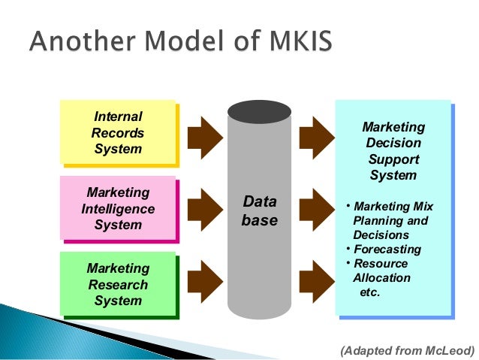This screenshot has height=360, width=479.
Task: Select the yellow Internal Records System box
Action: [x=118, y=132]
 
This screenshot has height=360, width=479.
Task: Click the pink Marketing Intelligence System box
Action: [x=118, y=208]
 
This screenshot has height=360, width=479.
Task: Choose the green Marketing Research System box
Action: [x=118, y=284]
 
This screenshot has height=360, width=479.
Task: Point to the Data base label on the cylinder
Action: [x=260, y=211]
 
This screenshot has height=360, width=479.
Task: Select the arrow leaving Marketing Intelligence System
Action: [x=204, y=208]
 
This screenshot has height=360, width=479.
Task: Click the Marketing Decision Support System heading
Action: [x=393, y=151]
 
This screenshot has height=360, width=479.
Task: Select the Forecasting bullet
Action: [x=387, y=250]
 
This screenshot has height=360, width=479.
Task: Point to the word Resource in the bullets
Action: [x=381, y=264]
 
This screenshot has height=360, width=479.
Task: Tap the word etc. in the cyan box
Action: [x=371, y=292]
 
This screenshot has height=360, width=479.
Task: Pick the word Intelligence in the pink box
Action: [x=118, y=209]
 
